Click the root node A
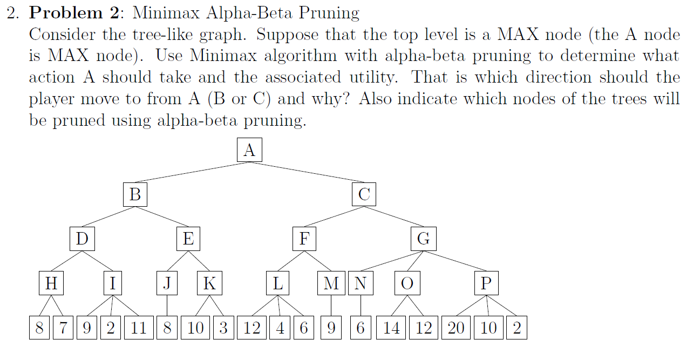[x=249, y=150]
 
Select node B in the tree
[x=135, y=194]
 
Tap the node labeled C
[x=364, y=194]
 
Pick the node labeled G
[x=424, y=239]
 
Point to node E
[x=188, y=239]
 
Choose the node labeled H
[x=51, y=283]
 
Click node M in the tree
[x=331, y=283]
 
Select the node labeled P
[x=486, y=283]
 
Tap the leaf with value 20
[x=456, y=328]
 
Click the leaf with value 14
[x=392, y=328]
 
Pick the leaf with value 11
[x=139, y=328]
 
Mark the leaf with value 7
[x=64, y=328]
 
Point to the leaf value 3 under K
[x=223, y=328]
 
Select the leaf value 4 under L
[x=280, y=328]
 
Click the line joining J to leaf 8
[x=167, y=306]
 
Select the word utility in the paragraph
[x=369, y=78]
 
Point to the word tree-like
[x=169, y=35]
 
